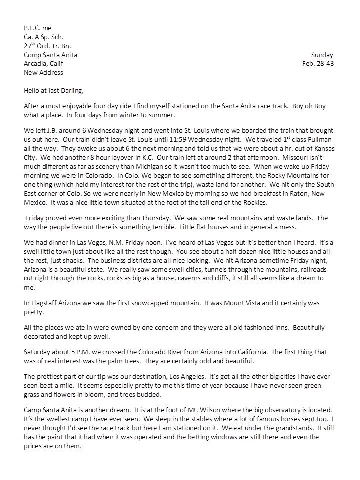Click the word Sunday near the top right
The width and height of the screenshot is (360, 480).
322,55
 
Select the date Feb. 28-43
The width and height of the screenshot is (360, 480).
318,64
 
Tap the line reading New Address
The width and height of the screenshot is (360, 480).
43,72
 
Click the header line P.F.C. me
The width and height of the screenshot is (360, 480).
37,28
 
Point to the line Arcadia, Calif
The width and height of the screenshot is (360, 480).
43,64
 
